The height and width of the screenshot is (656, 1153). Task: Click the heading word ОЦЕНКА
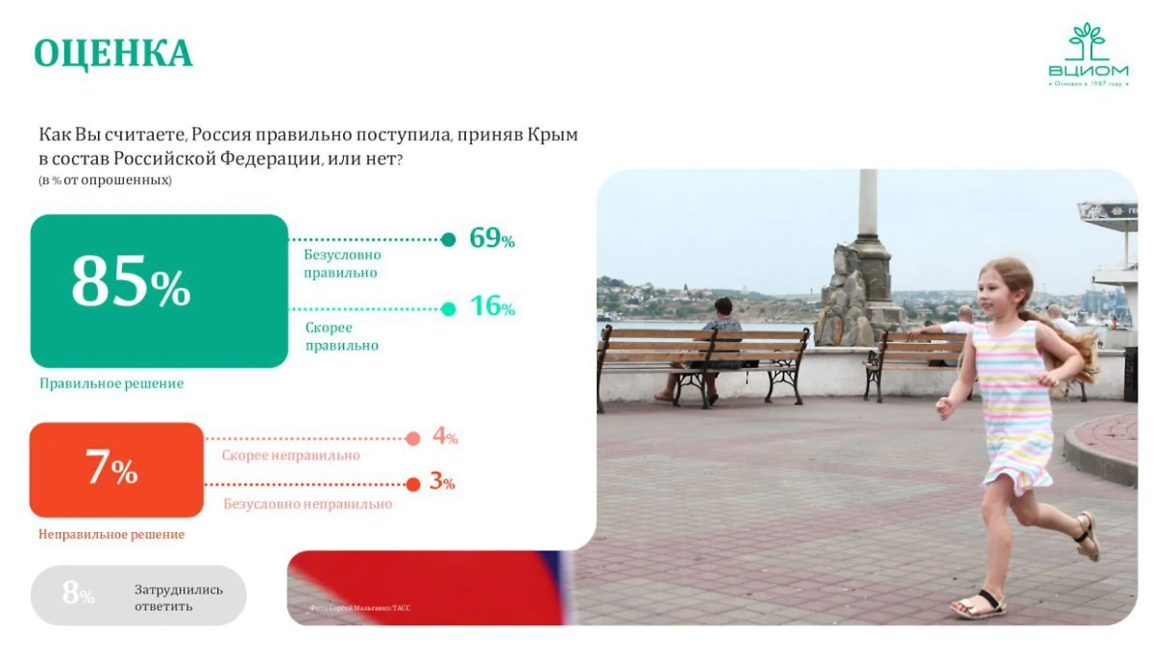(113, 54)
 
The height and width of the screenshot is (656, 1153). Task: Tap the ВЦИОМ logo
(1088, 56)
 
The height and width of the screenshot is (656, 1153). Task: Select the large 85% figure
(131, 283)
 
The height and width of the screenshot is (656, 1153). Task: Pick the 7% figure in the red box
(111, 469)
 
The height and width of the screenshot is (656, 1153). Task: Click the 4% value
(444, 436)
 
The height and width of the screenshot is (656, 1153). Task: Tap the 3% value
(442, 481)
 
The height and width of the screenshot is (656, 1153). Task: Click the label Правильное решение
(111, 383)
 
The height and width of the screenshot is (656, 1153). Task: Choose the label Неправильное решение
(111, 534)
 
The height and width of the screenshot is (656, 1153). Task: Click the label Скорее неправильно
(290, 455)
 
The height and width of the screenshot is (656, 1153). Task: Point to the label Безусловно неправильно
(307, 503)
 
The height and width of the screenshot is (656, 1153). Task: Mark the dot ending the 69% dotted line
(448, 240)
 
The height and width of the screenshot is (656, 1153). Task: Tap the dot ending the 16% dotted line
(448, 308)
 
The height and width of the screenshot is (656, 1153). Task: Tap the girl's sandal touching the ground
(977, 605)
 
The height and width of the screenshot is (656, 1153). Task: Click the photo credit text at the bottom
(359, 608)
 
